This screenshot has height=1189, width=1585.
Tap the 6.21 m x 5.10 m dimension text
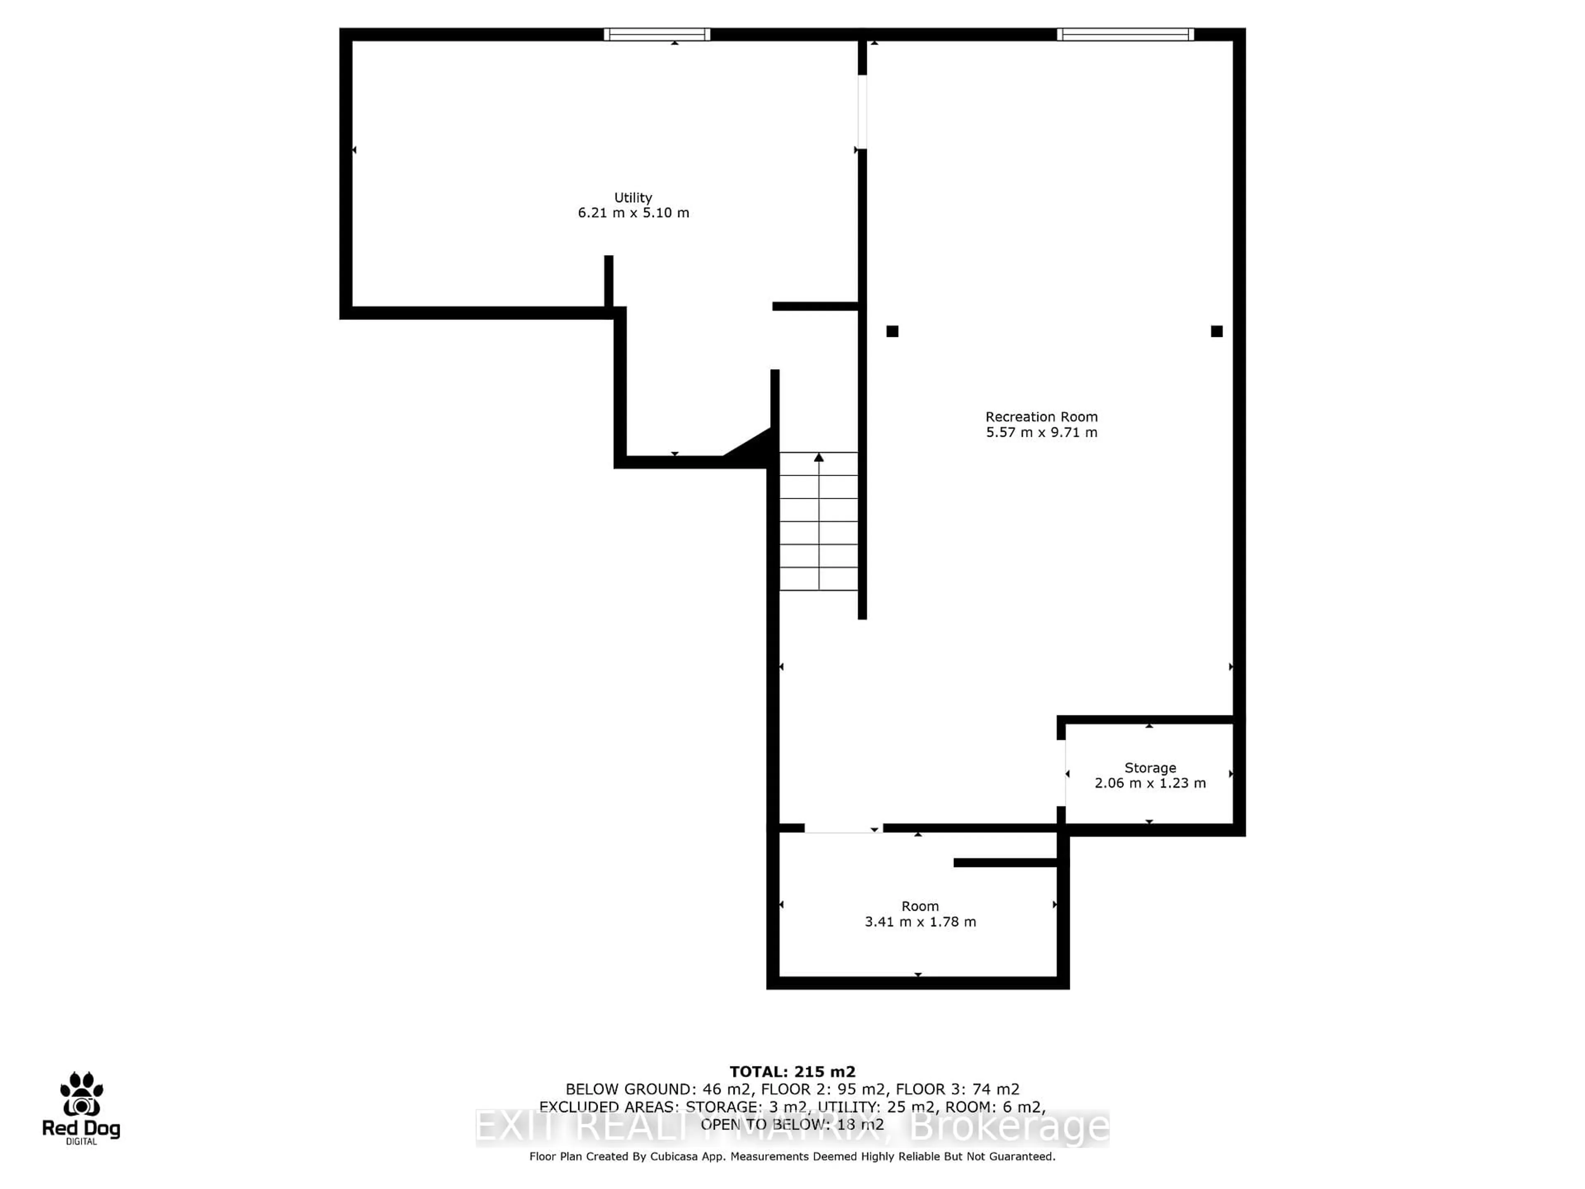[633, 213]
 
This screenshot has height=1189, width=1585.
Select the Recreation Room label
[1041, 417]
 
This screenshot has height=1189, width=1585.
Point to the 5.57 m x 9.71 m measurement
[1041, 432]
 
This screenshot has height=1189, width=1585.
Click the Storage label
[1150, 767]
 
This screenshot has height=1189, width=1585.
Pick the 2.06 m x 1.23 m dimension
[1150, 783]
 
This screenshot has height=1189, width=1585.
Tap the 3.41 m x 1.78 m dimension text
[920, 921]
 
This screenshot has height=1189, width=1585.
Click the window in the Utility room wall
[656, 34]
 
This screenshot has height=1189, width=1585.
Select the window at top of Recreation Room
[1125, 34]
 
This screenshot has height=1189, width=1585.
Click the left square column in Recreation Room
[892, 331]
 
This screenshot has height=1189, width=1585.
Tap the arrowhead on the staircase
[819, 457]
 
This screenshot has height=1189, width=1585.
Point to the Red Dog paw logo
[81, 1094]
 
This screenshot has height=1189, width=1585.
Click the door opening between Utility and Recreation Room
[862, 112]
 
